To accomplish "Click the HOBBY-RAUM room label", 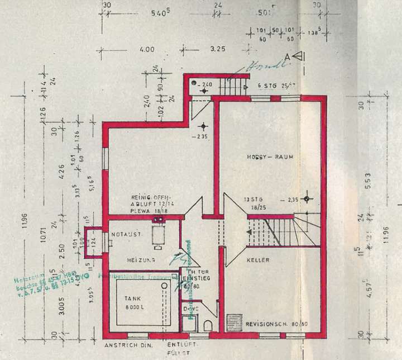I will pos(270,158).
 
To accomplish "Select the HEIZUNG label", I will pos(135,260).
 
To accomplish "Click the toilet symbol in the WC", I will pos(207,325).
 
